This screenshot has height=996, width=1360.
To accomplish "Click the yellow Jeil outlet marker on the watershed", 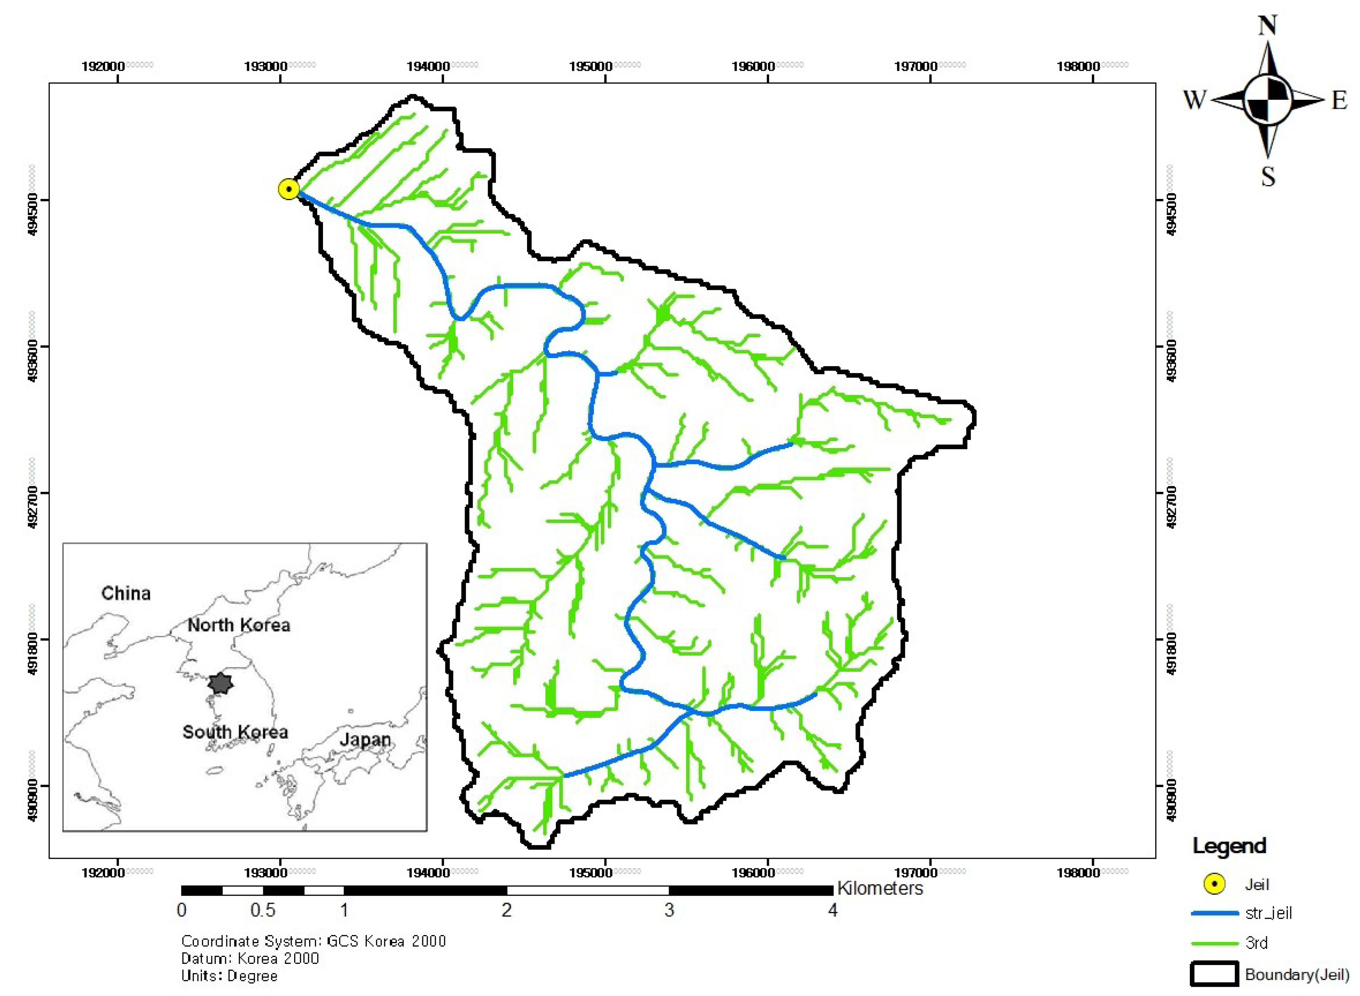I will point(289,189).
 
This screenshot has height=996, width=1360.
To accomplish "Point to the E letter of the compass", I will point(1339,100).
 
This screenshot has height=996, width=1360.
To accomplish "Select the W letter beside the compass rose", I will point(1195,100).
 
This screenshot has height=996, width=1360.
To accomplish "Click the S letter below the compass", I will point(1268,177).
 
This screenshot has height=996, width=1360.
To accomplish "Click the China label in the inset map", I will point(126,593).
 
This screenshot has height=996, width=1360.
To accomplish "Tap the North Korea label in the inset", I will point(239,625).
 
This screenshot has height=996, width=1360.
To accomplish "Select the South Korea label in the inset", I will point(235,732).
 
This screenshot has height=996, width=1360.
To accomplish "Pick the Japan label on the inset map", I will point(365,740).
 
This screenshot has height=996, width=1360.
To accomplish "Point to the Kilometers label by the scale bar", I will point(880,888).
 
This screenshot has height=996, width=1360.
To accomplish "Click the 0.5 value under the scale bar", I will point(263,910).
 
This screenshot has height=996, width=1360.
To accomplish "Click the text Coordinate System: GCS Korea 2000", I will point(313,941).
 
